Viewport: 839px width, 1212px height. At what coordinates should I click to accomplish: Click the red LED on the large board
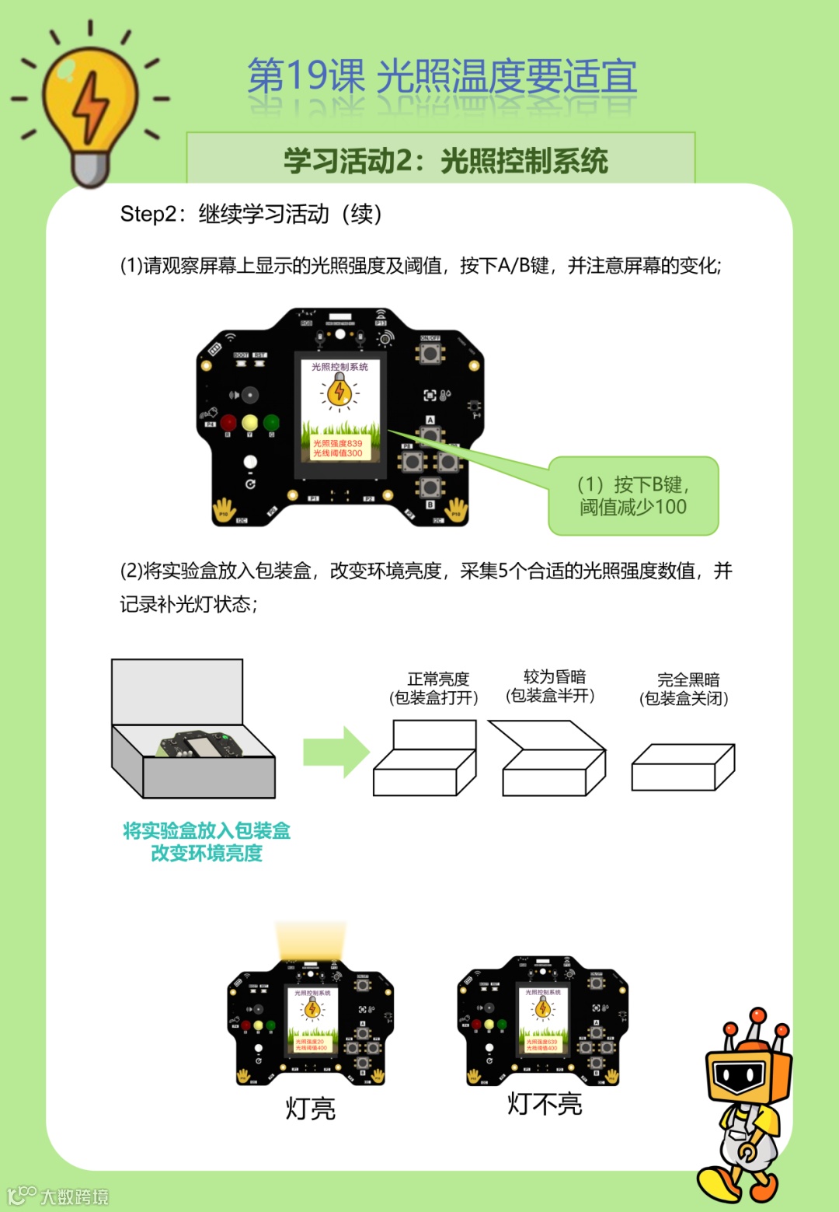[x=228, y=422]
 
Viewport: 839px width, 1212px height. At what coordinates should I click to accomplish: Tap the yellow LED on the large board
[x=249, y=422]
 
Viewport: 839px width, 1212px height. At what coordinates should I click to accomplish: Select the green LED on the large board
[x=271, y=422]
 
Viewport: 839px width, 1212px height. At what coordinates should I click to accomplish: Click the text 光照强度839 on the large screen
[x=337, y=443]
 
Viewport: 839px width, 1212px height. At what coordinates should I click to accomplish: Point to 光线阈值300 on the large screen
[x=337, y=453]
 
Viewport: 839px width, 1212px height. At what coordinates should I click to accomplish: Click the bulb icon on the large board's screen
[x=339, y=391]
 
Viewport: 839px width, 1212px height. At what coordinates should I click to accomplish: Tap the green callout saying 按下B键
[x=633, y=496]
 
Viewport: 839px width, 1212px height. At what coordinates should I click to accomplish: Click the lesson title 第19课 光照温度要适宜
[x=442, y=77]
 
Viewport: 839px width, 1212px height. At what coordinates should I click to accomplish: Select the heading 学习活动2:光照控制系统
[x=445, y=161]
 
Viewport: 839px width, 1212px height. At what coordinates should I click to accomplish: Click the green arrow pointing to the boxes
[x=336, y=752]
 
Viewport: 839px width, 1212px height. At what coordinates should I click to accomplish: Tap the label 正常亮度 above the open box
[x=438, y=679]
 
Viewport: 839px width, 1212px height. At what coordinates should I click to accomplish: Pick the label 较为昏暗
[x=554, y=676]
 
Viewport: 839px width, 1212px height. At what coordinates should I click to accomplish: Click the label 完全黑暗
[x=688, y=679]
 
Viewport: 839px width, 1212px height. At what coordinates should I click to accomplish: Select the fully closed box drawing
[x=682, y=768]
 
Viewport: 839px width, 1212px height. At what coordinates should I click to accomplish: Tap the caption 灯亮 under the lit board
[x=310, y=1108]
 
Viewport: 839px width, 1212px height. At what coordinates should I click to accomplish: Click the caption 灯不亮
[x=545, y=1103]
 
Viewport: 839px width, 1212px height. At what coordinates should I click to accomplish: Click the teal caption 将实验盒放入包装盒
[x=207, y=831]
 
